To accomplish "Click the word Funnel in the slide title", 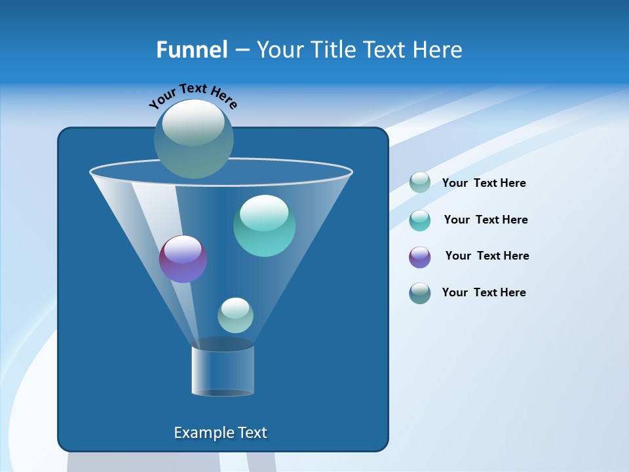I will [x=191, y=50].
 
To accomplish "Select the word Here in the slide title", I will [x=438, y=50].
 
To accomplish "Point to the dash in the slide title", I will [x=242, y=50].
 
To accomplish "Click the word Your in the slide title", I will [x=279, y=50].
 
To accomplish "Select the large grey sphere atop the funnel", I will [x=194, y=138].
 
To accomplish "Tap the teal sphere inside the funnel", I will [x=264, y=226].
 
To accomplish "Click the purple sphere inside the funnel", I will [x=183, y=259].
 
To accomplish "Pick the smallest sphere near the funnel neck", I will [x=235, y=315].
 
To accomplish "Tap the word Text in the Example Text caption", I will [x=252, y=433].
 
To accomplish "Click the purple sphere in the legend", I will [x=420, y=257].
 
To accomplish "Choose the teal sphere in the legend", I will [x=420, y=220].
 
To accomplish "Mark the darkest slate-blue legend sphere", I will [x=420, y=293].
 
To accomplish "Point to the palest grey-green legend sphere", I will [x=420, y=182].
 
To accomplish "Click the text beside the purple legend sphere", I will [x=487, y=256].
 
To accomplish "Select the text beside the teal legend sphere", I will [x=486, y=220].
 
